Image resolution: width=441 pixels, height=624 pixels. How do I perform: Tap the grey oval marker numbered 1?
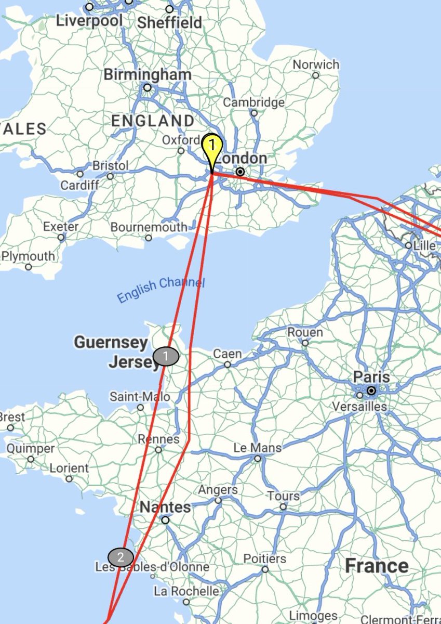pyautogui.click(x=166, y=357)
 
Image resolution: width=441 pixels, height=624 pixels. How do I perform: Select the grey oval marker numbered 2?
pyautogui.click(x=121, y=557)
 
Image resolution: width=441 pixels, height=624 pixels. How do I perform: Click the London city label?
pyautogui.click(x=242, y=158)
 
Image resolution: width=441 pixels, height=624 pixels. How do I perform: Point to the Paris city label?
pyautogui.click(x=371, y=376)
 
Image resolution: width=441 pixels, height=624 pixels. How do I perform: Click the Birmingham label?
pyautogui.click(x=147, y=74)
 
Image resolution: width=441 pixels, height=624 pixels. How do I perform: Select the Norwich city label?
pyautogui.click(x=316, y=65)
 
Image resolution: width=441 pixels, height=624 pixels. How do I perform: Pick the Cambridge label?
pyautogui.click(x=254, y=102)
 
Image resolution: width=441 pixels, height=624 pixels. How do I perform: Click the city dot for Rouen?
pyautogui.click(x=305, y=343)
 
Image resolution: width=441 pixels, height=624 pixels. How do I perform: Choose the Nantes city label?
pyautogui.click(x=165, y=506)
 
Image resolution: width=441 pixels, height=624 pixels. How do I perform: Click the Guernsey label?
pyautogui.click(x=111, y=343)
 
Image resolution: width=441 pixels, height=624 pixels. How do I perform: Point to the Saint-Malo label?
pyautogui.click(x=140, y=397)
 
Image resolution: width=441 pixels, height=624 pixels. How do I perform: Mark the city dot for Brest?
pyautogui.click(x=11, y=428)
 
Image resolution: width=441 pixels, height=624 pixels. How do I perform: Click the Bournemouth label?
pyautogui.click(x=149, y=227)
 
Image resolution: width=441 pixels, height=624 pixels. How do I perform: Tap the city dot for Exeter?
pyautogui.click(x=61, y=238)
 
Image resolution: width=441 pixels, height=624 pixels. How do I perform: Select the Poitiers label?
pyautogui.click(x=265, y=559)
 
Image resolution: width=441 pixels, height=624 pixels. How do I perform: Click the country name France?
pyautogui.click(x=377, y=566)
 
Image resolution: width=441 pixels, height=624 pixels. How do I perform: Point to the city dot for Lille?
pyautogui.click(x=409, y=245)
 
